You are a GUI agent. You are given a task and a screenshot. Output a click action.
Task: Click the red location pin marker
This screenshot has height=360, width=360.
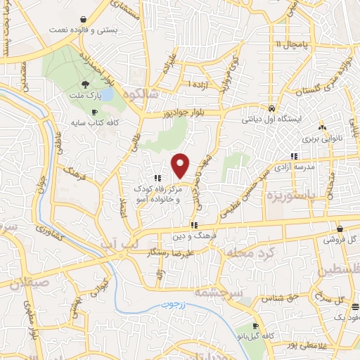[x=181, y=165]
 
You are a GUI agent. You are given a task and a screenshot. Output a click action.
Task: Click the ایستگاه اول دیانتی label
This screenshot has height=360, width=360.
[x=271, y=120]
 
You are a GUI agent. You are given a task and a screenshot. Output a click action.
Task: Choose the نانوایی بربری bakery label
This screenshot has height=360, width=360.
[x=323, y=139]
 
